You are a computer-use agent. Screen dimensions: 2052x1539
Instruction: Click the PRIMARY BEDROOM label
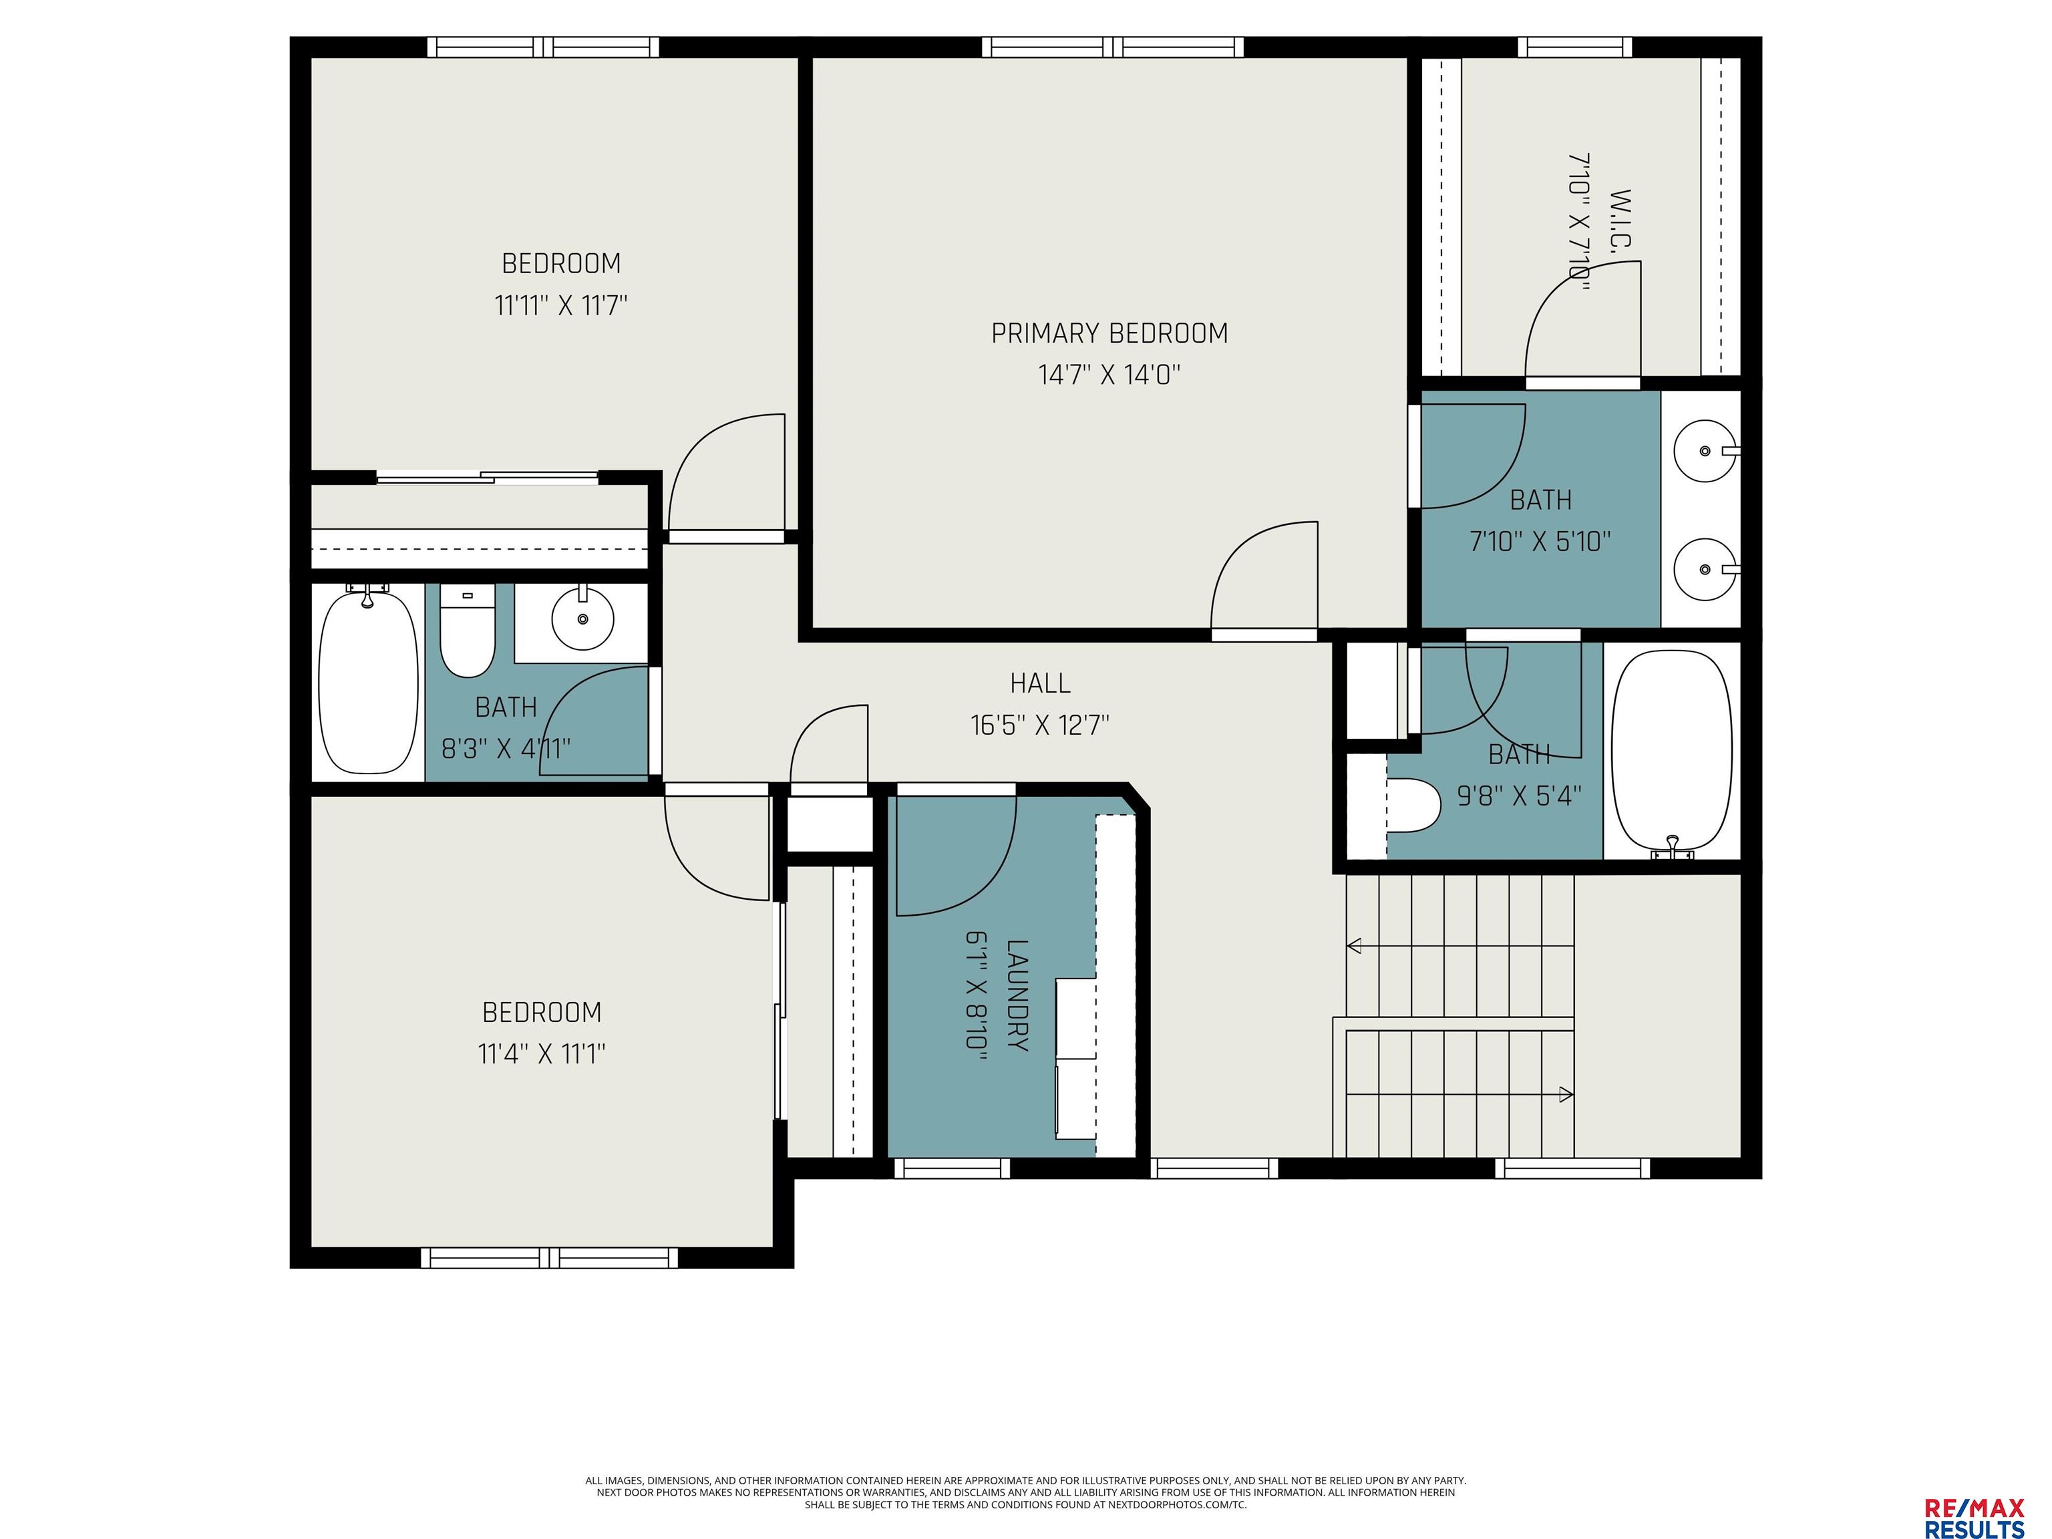pos(1109,333)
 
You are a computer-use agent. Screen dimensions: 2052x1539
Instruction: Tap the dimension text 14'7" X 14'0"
pos(1109,375)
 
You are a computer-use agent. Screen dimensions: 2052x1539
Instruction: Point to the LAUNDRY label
pos(1018,995)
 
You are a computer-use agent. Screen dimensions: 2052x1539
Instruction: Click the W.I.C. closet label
pos(1620,219)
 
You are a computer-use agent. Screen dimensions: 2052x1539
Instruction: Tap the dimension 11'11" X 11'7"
pos(561,305)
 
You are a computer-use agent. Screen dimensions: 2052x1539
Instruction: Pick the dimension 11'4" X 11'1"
pos(542,1054)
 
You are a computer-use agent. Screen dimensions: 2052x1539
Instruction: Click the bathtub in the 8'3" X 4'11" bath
pos(368,682)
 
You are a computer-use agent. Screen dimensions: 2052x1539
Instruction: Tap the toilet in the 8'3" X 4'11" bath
pos(467,631)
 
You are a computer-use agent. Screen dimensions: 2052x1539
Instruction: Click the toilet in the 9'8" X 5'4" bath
pos(1412,805)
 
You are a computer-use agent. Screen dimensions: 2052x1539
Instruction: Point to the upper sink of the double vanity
pos(1705,451)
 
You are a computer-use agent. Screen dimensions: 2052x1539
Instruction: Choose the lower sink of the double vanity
pos(1705,568)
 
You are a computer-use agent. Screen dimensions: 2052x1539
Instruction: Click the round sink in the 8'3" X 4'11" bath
pos(582,618)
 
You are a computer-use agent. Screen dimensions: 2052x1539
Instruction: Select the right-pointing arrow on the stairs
pos(1460,1095)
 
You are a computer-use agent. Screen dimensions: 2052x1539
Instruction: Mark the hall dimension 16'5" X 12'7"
pos(1040,725)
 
